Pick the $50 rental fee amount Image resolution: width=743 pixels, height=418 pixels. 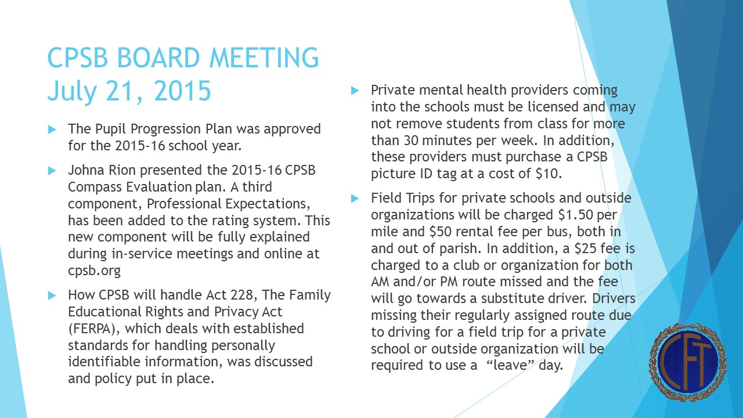pos(441,232)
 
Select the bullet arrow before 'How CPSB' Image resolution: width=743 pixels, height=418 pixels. pos(52,295)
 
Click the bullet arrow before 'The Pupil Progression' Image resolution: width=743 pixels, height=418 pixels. pos(52,128)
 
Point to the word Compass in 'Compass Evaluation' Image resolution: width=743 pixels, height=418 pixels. pos(93,188)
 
